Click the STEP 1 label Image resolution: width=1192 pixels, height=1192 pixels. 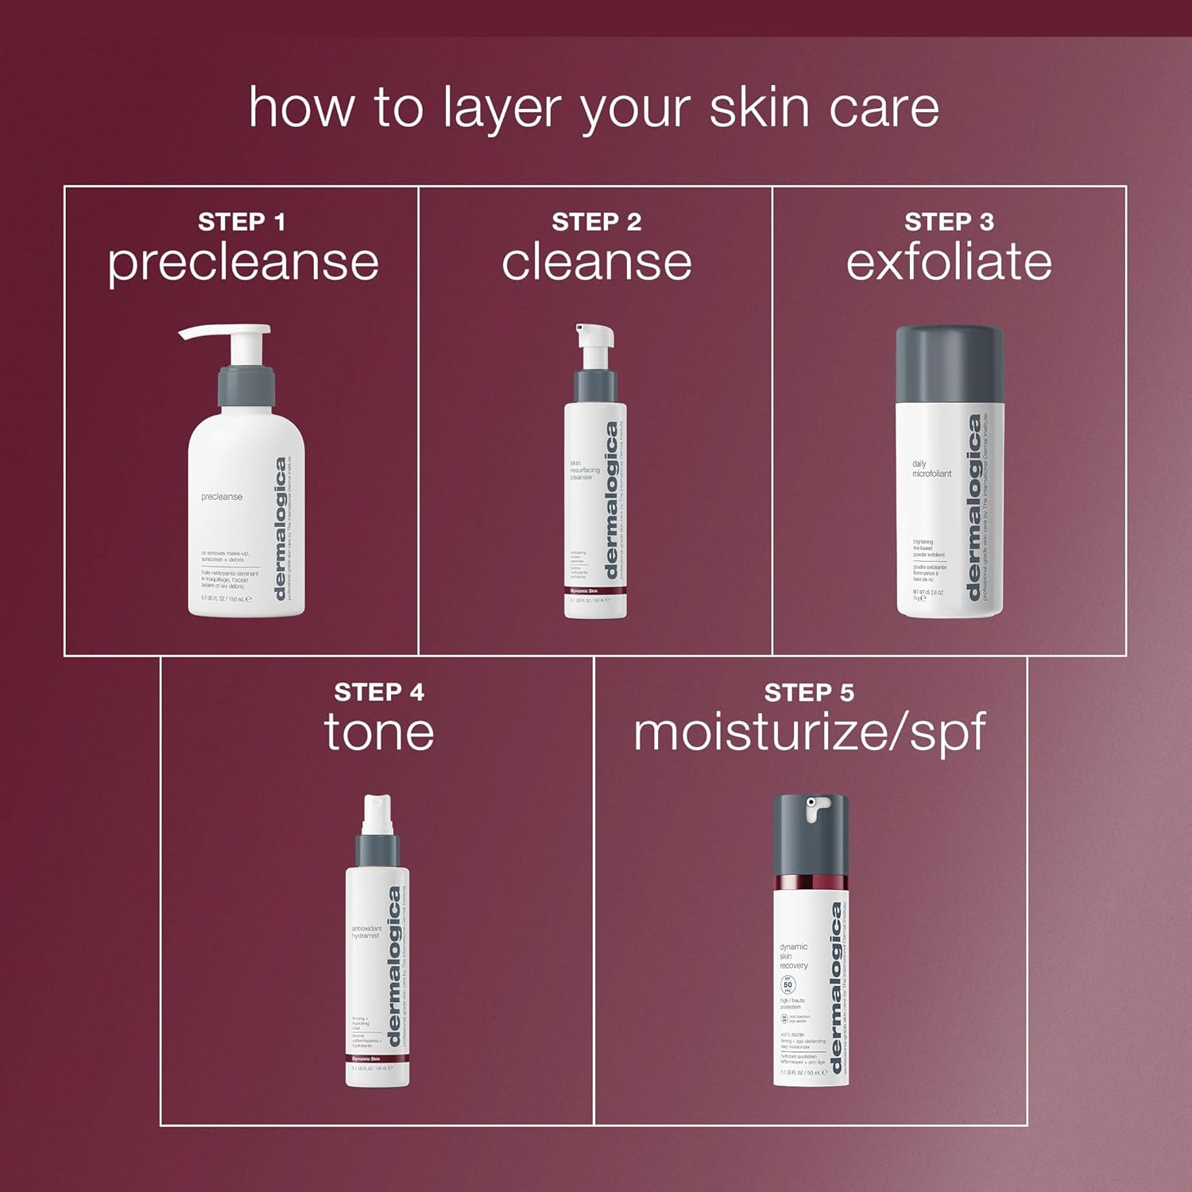[x=242, y=222]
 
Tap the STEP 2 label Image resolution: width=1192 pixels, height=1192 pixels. [x=596, y=222]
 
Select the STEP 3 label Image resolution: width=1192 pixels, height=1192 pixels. [x=949, y=222]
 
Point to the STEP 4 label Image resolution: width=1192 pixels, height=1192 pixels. [x=379, y=692]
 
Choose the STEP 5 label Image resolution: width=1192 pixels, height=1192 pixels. [x=809, y=692]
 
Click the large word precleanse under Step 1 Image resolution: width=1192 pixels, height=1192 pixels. [x=243, y=263]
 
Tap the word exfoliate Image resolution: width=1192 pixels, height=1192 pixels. [x=949, y=262]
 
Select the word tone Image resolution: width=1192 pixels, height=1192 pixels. [x=379, y=732]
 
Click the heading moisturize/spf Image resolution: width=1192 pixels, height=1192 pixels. [x=809, y=733]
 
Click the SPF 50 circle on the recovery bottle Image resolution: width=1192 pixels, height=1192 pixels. [x=788, y=985]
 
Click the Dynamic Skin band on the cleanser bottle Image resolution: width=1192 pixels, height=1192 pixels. [x=595, y=590]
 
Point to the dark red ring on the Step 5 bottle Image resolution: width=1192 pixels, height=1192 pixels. [x=811, y=884]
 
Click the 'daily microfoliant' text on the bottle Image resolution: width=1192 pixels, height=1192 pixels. [x=931, y=469]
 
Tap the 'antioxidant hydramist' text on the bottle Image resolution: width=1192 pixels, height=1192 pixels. [x=366, y=932]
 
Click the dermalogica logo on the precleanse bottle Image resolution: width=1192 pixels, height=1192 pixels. [x=280, y=529]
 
